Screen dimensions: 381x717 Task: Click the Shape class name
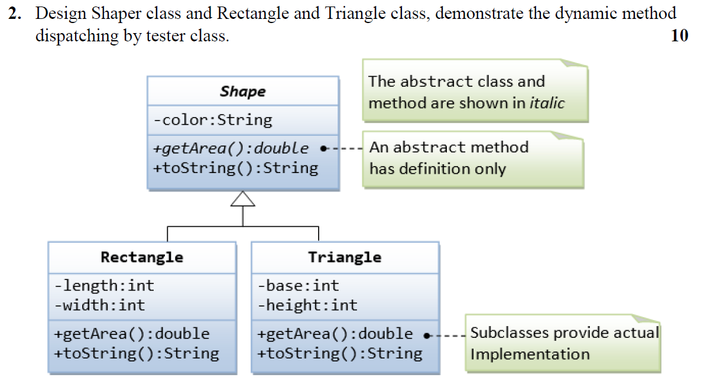[242, 92]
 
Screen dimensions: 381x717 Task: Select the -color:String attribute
[213, 120]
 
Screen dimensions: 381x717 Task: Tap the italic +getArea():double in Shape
[231, 148]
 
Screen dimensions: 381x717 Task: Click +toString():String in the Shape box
[235, 168]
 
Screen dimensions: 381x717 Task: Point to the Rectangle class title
[142, 257]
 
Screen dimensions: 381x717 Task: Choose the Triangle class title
[345, 257]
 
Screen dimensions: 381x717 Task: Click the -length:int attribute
[104, 286]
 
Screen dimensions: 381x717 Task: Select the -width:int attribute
[99, 305]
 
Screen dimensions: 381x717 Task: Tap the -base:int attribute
[299, 286]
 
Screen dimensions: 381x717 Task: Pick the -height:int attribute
[307, 305]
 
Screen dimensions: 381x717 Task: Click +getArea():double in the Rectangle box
[131, 334]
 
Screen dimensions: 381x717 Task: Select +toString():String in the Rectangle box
[136, 354]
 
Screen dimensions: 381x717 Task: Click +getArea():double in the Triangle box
[335, 334]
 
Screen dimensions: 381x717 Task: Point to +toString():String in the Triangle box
[340, 354]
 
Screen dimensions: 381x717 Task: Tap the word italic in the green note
[547, 103]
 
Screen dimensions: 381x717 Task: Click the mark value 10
[680, 35]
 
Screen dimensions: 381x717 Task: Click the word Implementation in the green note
[530, 354]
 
